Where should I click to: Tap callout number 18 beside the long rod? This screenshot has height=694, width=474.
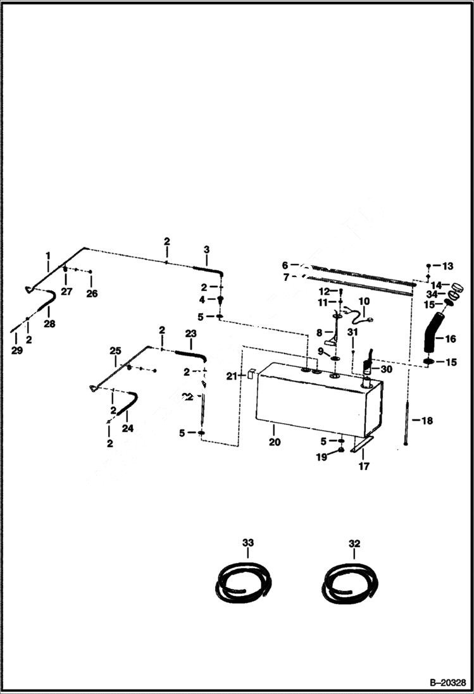(427, 421)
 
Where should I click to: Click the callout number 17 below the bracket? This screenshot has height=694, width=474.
(364, 467)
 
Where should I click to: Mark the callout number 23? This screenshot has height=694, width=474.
(190, 333)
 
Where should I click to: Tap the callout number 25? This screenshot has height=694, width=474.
(115, 351)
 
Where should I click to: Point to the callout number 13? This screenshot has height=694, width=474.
(448, 266)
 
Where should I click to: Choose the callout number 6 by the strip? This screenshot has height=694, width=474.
(285, 265)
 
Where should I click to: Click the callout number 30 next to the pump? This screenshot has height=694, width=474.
(385, 369)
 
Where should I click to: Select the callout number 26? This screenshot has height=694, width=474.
(92, 294)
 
